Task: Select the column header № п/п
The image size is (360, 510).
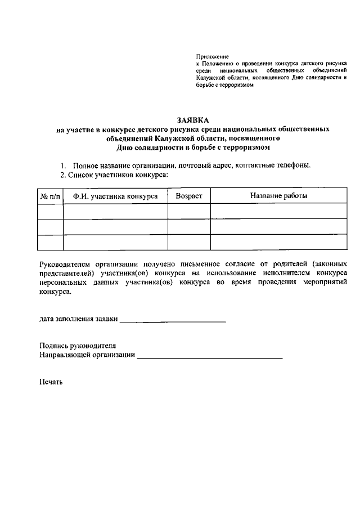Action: (x=50, y=196)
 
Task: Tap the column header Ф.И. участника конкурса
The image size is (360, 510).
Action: (x=115, y=196)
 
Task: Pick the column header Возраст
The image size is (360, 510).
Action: (x=188, y=196)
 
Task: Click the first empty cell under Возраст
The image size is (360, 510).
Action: (x=188, y=211)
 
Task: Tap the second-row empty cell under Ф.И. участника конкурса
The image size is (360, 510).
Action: (x=115, y=226)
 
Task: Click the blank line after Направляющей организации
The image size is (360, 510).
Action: (x=209, y=356)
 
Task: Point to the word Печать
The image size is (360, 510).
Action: (x=51, y=382)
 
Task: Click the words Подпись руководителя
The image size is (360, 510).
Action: (x=78, y=346)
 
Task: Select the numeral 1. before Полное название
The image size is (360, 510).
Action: (x=64, y=165)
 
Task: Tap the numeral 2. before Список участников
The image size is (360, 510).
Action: (x=63, y=175)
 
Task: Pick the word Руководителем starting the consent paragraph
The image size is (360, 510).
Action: (x=65, y=263)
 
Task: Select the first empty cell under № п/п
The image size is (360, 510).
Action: (x=50, y=211)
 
